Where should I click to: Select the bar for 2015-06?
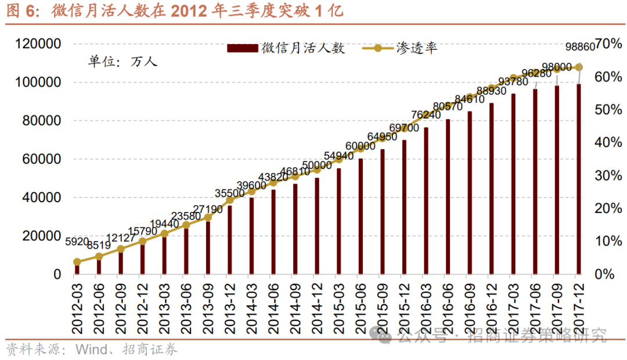pos(361,216)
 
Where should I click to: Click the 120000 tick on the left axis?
pos(39,44)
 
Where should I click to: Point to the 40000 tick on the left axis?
pos(42,197)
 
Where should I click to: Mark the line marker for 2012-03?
pos(77,262)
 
